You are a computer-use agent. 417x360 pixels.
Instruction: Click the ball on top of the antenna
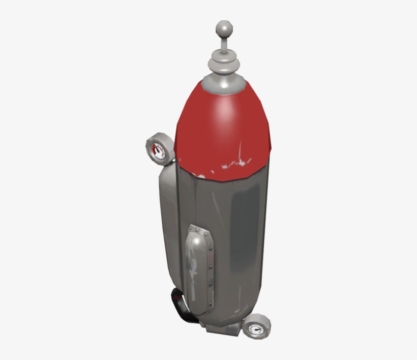223,27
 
